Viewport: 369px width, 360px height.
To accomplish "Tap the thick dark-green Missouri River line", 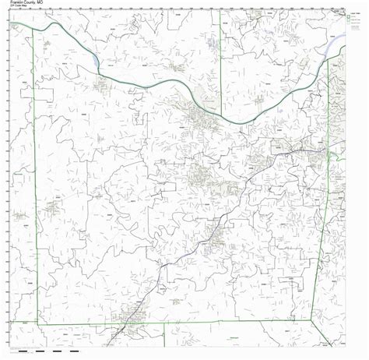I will point(156,82).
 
